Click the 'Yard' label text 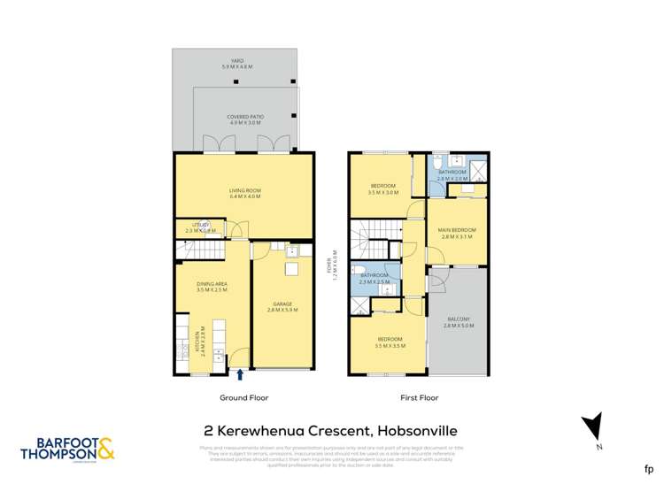pyautogui.click(x=236, y=63)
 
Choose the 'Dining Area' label pyautogui.click(x=212, y=286)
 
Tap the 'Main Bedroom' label pyautogui.click(x=457, y=233)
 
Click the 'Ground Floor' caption pyautogui.click(x=243, y=399)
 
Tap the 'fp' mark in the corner pyautogui.click(x=648, y=468)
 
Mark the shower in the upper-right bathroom pyautogui.click(x=478, y=169)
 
